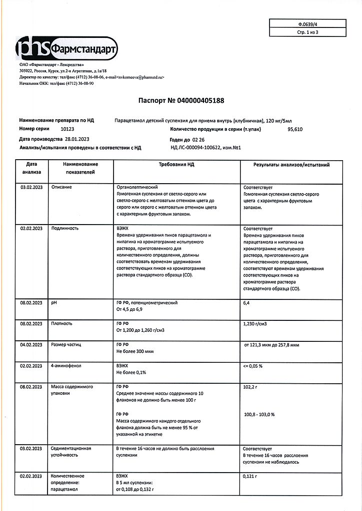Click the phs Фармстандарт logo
pyautogui.click(x=66, y=48)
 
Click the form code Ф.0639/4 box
pyautogui.click(x=307, y=23)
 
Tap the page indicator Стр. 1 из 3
pyautogui.click(x=307, y=32)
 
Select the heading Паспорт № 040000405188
pyautogui.click(x=181, y=101)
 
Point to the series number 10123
pyautogui.click(x=67, y=129)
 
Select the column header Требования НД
pyautogui.click(x=176, y=164)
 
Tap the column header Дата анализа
pyautogui.click(x=31, y=168)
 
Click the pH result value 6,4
pyautogui.click(x=246, y=303)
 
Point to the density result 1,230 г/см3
pyautogui.click(x=255, y=323)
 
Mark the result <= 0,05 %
pyautogui.click(x=252, y=366)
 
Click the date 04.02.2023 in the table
pyautogui.click(x=31, y=344)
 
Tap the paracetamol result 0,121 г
pyautogui.click(x=250, y=477)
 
